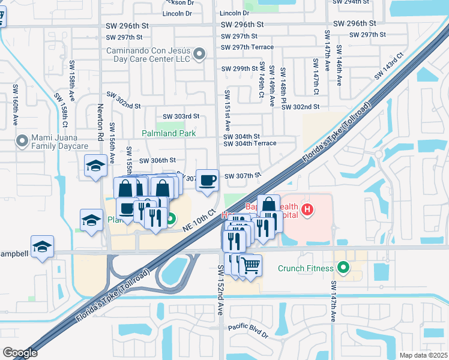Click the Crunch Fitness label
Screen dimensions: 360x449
(x=306, y=268)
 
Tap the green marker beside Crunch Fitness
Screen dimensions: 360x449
(x=343, y=268)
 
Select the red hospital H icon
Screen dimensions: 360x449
(x=307, y=209)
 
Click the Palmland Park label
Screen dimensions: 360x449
(x=169, y=133)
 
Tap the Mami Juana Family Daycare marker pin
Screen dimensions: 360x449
(x=23, y=141)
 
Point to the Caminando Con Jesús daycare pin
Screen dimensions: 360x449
(x=200, y=55)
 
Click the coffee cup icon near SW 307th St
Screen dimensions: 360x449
(x=208, y=180)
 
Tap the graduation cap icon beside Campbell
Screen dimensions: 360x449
(x=43, y=247)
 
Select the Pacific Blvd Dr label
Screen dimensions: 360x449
(x=248, y=328)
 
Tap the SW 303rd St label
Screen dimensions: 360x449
(x=181, y=116)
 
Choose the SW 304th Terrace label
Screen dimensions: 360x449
(x=250, y=144)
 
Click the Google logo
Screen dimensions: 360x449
(x=20, y=353)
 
